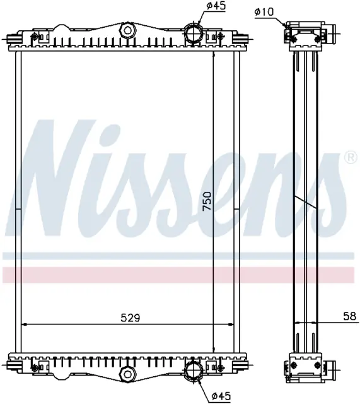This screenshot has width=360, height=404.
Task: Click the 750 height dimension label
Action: pyautogui.click(x=207, y=201)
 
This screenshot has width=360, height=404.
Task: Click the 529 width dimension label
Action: pyautogui.click(x=131, y=318)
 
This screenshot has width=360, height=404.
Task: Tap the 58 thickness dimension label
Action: pyautogui.click(x=350, y=316)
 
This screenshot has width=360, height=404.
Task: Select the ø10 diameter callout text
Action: pyautogui.click(x=264, y=11)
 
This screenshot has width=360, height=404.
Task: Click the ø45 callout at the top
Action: pyautogui.click(x=216, y=6)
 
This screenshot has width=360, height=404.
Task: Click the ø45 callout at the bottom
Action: pyautogui.click(x=221, y=396)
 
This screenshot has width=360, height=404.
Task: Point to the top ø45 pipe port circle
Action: pyautogui.click(x=194, y=33)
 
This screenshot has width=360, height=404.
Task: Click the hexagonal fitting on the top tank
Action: pyautogui.click(x=127, y=31)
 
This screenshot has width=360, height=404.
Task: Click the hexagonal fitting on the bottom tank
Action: pyautogui.click(x=127, y=374)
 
